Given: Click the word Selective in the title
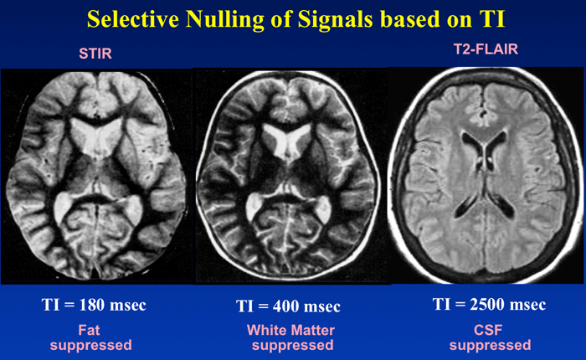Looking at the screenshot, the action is pos(133,19).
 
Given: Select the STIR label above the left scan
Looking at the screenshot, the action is pos(95,54).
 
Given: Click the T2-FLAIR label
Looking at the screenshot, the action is pos(486,49).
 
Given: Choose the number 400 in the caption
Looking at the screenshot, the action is pos(286,306).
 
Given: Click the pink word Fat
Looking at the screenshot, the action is pos(89,330).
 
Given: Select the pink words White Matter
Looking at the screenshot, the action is pos(290,330).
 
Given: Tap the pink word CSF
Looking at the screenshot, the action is pos(488,330).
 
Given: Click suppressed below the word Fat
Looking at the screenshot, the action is pos(90,346).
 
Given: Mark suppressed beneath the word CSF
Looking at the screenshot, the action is pos(490,346).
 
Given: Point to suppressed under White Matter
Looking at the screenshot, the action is pos(293,346).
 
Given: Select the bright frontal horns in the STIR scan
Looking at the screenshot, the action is pos(96,136).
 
